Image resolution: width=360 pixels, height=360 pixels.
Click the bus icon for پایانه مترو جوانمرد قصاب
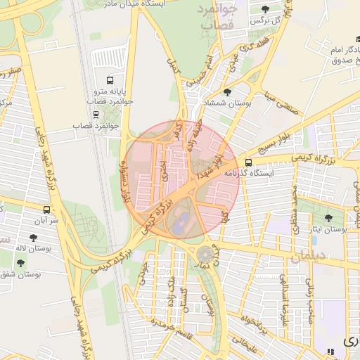[x=109, y=80]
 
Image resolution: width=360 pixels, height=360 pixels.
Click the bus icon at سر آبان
[x=46, y=210]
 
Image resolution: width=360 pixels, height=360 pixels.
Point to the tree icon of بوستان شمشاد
[x=226, y=92]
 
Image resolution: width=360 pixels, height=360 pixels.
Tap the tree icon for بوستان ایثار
[x=328, y=218]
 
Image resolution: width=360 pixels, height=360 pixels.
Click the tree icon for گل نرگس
[x=265, y=9]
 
